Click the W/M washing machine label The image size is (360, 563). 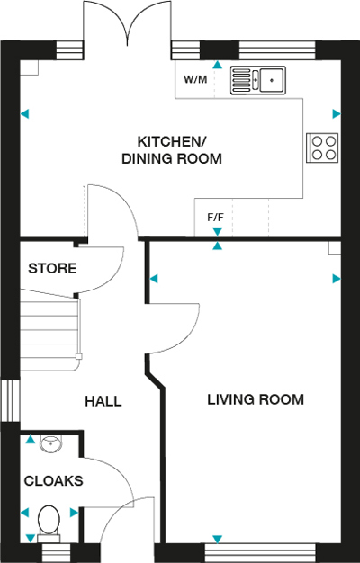click(x=195, y=79)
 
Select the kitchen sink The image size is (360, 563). click(x=258, y=80)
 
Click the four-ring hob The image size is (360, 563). click(x=322, y=147)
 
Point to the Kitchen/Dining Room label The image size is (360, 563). click(x=171, y=150)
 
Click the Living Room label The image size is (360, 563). click(x=256, y=399)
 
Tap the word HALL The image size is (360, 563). click(x=103, y=401)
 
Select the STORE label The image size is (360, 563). click(x=52, y=268)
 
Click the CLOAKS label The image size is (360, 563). click(x=53, y=480)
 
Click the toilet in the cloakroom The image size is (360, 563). click(x=49, y=523)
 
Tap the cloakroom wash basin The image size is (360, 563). click(x=50, y=443)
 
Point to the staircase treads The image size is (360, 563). click(x=49, y=329)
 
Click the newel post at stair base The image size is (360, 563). click(x=78, y=356)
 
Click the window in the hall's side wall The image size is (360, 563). click(x=10, y=400)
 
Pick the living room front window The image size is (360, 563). click(x=260, y=553)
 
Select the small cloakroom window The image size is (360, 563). click(x=57, y=553)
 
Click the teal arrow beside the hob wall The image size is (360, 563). click(x=337, y=114)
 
